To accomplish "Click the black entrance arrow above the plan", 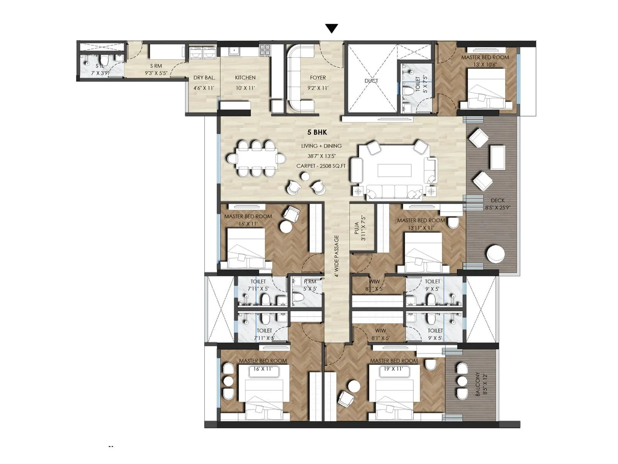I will pos(331,29).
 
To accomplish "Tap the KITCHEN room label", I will pos(245,78).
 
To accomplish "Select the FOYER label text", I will pos(318,78).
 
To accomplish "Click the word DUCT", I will pos(371,81).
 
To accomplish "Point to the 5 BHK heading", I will pos(317,132).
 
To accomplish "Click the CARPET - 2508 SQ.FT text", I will pos(321,166).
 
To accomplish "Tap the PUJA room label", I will pos(357,228).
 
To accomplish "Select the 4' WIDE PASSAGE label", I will pos(337,256).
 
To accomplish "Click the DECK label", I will pos(497,200).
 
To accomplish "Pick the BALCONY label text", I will pos(478,384).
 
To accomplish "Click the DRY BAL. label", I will pos(204,78).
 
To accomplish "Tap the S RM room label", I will pos(156,66).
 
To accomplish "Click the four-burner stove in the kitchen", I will pos(265,49).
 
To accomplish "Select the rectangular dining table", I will pos(256,159).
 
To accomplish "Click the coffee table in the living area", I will pos(394,170).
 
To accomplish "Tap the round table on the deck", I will pos(496,254).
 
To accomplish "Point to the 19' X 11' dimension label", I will pos(392,369).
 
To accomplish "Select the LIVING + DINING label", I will pos(321,146).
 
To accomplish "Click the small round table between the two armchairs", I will pos(305,177).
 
